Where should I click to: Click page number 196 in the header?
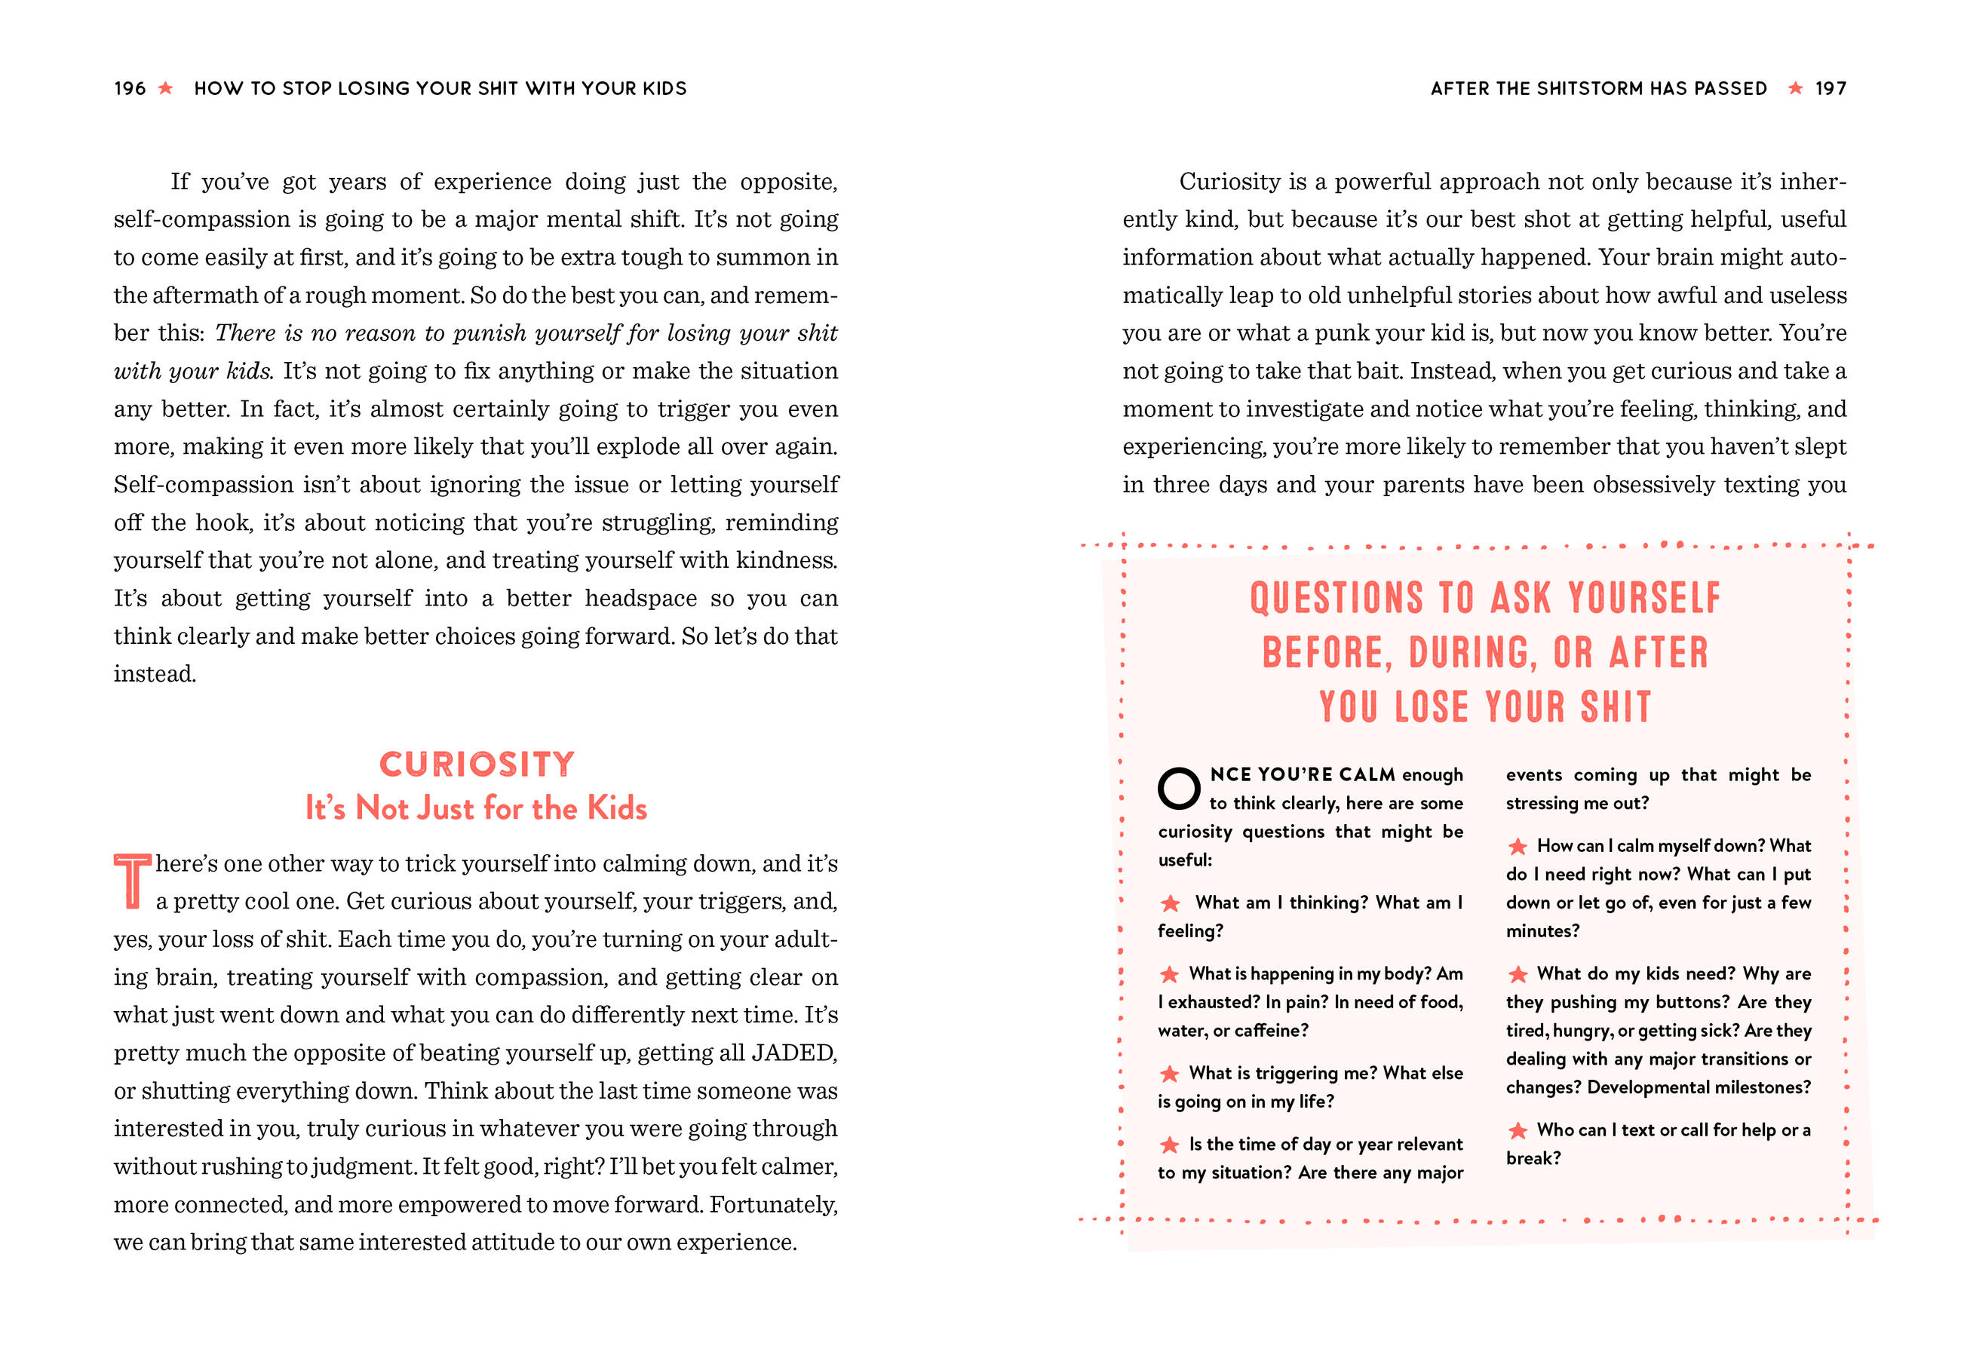[x=130, y=88]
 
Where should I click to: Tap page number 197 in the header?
[x=1831, y=88]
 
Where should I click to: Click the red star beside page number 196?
[x=166, y=88]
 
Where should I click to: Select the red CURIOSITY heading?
[x=477, y=764]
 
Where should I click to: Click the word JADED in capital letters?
[x=793, y=1053]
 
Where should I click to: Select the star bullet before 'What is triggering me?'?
[x=1169, y=1074]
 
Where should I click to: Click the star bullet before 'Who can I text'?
[x=1517, y=1130]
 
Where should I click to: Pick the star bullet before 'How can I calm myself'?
[x=1517, y=847]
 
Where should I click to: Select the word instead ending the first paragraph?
[x=154, y=674]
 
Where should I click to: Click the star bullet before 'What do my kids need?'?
[x=1517, y=974]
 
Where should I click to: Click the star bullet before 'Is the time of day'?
[x=1169, y=1145]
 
